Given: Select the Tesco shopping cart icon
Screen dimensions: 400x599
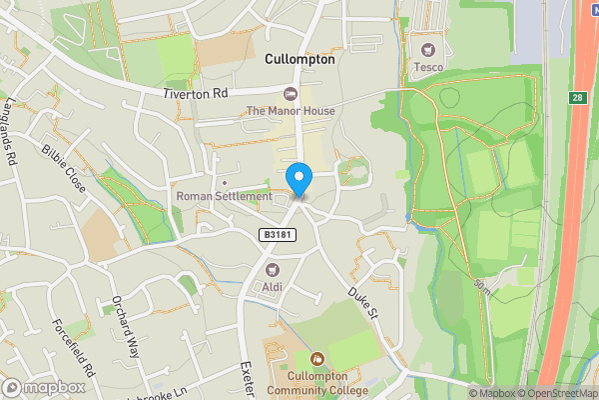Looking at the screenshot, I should point(429,49).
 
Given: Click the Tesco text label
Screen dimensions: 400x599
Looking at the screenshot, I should point(429,66).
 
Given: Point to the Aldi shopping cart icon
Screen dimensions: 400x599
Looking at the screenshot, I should point(272,269).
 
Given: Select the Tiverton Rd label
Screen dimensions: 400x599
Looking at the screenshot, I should point(197,93).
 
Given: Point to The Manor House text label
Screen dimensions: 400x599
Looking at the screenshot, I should point(291,111).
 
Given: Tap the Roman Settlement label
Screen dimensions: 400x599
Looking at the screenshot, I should point(224,197).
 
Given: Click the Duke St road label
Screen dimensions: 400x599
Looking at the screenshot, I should point(361,302).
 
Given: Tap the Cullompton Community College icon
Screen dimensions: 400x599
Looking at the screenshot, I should point(317,358).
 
